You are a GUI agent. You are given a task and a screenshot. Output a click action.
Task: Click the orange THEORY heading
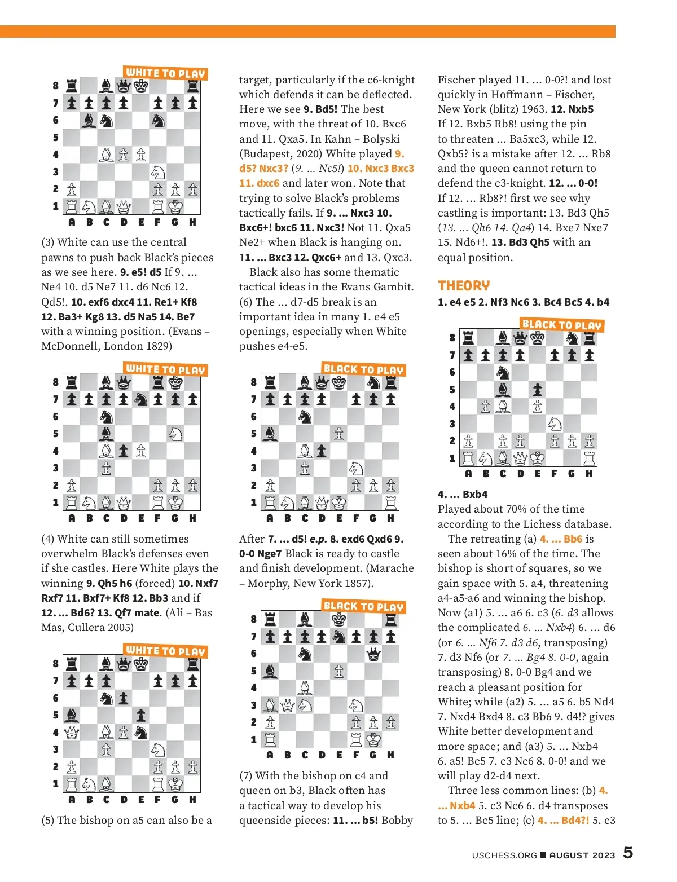coord(464,285)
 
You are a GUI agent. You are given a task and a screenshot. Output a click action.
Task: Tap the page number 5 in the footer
coord(628,853)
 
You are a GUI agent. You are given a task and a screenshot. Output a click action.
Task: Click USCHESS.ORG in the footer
coord(504,855)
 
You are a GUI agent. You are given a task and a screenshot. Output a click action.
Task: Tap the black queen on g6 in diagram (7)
coord(373,654)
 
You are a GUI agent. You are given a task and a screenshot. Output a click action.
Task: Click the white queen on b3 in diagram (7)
coord(287,705)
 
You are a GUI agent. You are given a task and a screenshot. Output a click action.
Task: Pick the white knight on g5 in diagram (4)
coord(175,433)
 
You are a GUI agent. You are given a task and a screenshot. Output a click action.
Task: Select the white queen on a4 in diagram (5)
coord(72,732)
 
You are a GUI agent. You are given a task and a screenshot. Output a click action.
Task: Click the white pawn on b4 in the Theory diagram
coord(486,406)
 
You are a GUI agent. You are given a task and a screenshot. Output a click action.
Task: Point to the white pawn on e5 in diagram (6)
coord(338,433)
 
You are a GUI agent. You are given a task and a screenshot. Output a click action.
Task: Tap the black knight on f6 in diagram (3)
coord(158,120)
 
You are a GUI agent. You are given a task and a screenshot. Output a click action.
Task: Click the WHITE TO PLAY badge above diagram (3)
coord(165,73)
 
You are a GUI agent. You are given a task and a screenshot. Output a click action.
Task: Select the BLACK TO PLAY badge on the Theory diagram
coord(562,324)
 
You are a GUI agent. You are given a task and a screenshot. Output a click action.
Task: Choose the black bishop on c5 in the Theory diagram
coord(503,389)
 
